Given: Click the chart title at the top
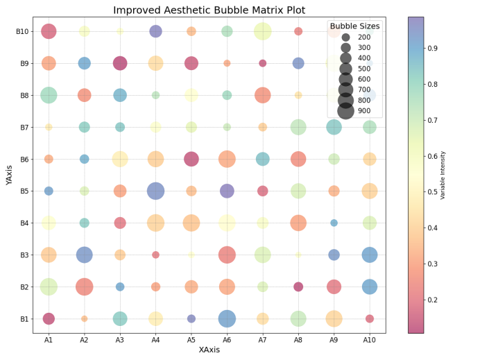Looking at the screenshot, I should point(209,10).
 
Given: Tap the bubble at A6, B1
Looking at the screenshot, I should point(227,318).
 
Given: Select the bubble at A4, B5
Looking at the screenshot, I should point(155,191).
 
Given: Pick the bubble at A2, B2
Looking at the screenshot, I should point(84,286).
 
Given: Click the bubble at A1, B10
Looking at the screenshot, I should point(49,31).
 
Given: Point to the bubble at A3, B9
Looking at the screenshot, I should point(120,63).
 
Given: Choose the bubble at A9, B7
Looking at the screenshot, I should point(334,127).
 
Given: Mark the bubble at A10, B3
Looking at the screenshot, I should point(370,255).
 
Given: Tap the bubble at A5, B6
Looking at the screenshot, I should point(191,159).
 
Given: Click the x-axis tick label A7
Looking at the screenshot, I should point(262,339).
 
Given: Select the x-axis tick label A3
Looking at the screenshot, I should point(120,339).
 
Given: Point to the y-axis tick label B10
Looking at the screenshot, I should point(22,31).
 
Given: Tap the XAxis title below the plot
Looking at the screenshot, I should point(209,350).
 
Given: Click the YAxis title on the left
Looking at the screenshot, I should point(8,175).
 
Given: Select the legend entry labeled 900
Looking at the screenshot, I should point(363,110).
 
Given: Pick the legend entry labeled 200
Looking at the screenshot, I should point(363,36).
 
